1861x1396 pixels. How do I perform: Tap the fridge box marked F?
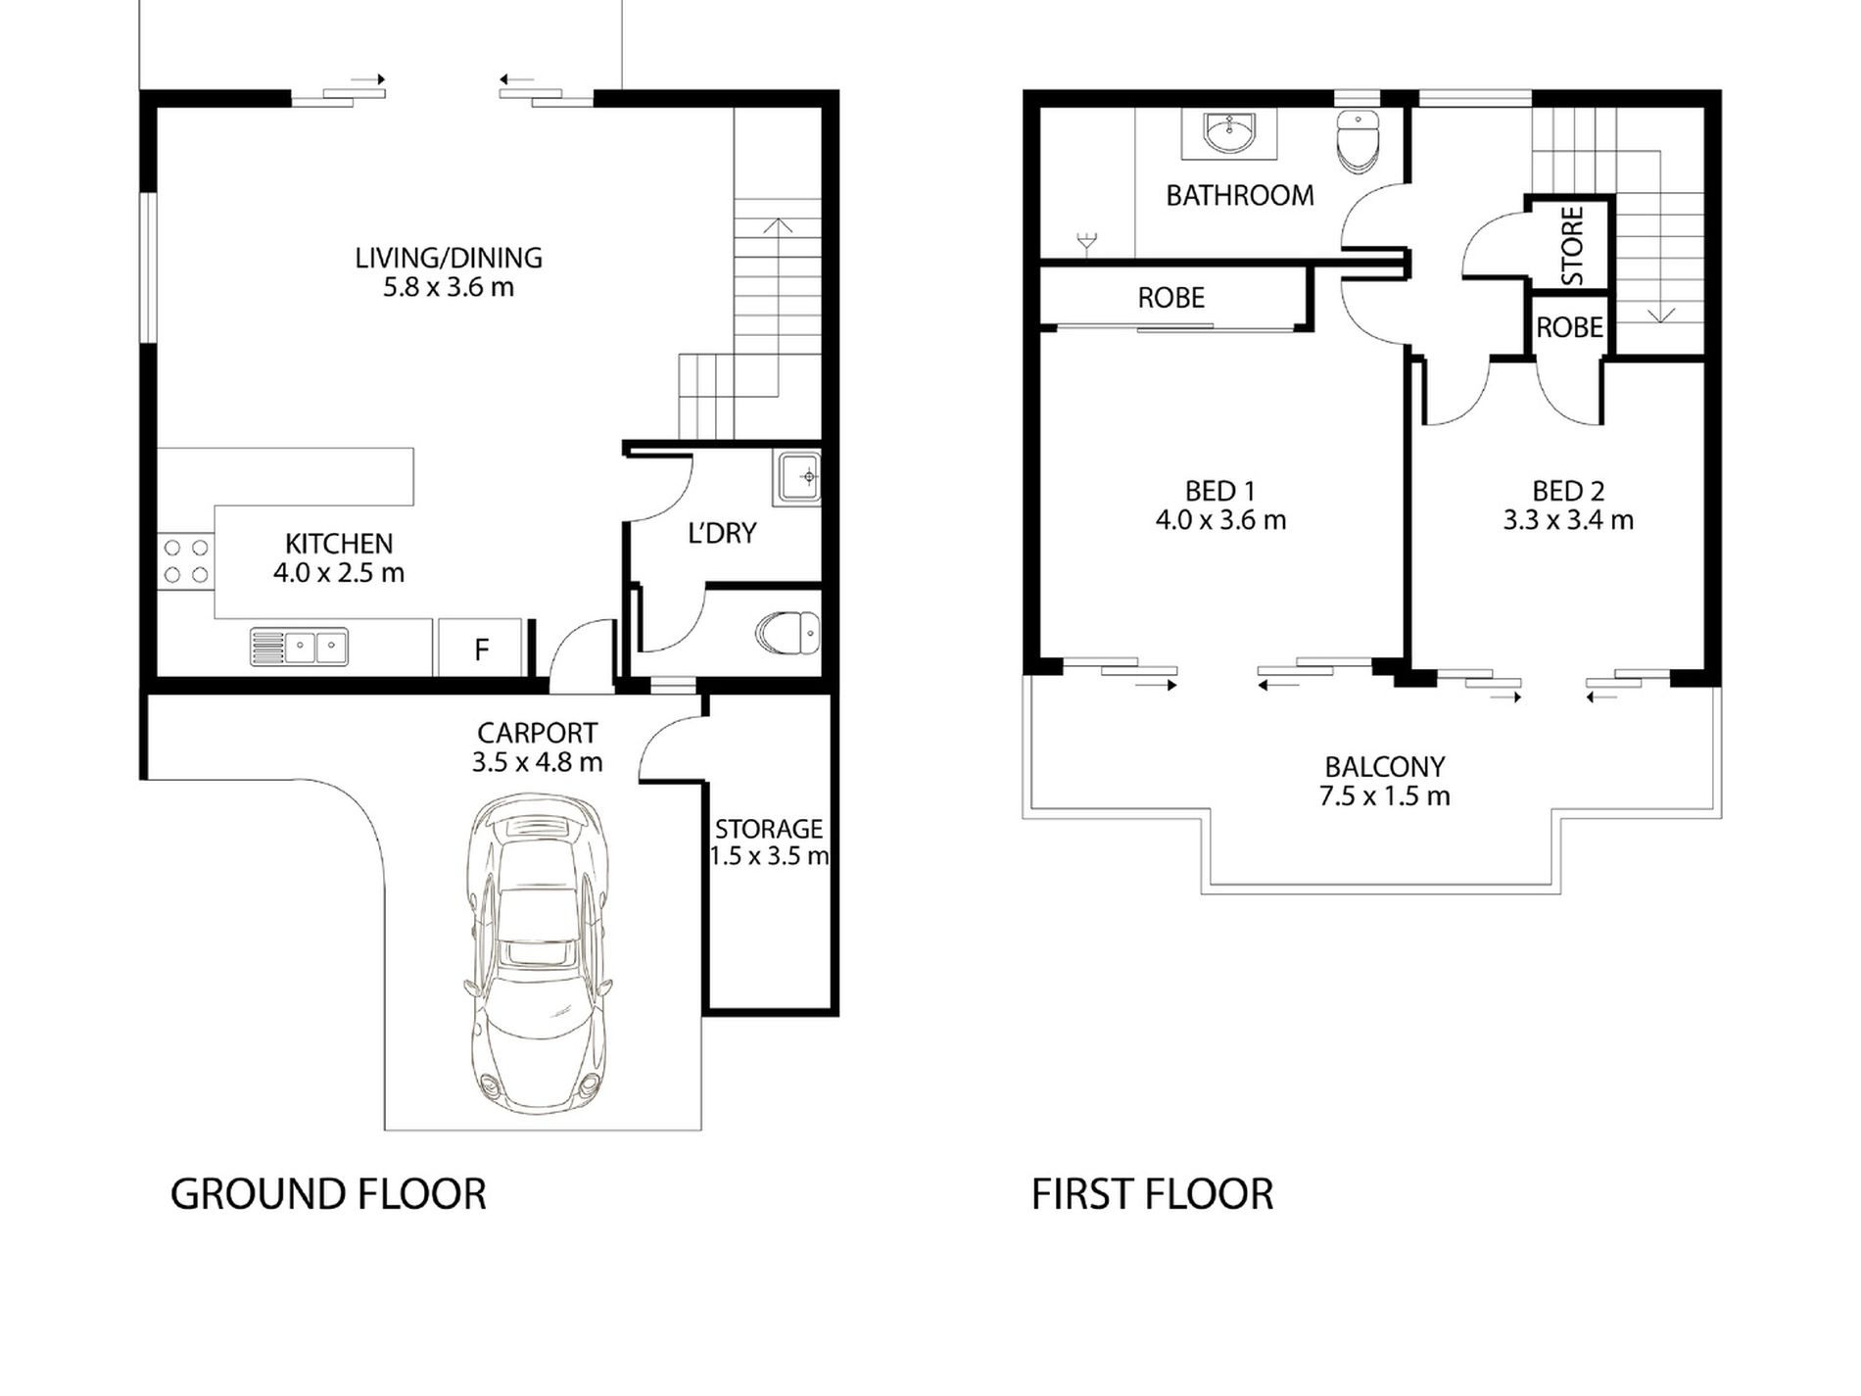coord(481,647)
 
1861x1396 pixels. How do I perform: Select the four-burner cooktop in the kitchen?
coord(186,560)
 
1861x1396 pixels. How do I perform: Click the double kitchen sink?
coord(300,647)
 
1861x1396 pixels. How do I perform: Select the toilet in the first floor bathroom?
coord(1357,142)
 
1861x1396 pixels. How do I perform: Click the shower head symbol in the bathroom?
coord(1086,242)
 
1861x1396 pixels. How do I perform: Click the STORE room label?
coord(1572,246)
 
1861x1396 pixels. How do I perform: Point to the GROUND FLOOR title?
coord(328,1194)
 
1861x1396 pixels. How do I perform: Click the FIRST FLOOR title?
coord(1152,1194)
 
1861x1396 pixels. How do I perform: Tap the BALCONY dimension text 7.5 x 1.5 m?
coord(1384,795)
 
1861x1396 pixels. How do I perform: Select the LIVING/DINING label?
coord(448,258)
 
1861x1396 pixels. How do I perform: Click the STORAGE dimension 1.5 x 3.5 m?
coord(770,856)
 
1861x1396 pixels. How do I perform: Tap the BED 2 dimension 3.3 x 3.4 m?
coord(1568,520)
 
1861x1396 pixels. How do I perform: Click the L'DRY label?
coord(722,534)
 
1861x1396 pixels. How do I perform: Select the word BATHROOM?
coord(1240,196)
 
